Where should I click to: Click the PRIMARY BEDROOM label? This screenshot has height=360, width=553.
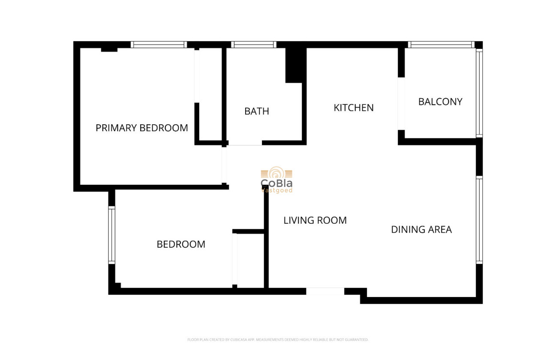[x=141, y=128]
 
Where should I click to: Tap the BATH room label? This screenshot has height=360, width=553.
[x=257, y=111]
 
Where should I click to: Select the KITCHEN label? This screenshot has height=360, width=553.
[x=354, y=108]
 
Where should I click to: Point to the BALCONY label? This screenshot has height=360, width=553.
[x=440, y=102]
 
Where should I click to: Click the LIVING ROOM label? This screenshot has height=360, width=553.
[x=315, y=220]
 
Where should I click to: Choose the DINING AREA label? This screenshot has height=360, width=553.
[x=421, y=230]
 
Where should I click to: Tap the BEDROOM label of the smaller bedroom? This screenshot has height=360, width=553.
[x=181, y=244]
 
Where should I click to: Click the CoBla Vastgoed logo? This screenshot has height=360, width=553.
[x=277, y=180]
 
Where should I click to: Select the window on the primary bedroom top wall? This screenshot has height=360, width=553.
[x=159, y=45]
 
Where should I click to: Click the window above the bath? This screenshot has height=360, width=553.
[x=254, y=45]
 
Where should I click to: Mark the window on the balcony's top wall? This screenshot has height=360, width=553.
[x=441, y=45]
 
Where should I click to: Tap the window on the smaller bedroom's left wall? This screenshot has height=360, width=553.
[x=111, y=234]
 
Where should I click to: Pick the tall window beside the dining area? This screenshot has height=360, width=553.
[x=479, y=220]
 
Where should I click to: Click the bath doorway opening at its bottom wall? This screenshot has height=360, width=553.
[x=245, y=143]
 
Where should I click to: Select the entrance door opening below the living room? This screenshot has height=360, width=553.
[x=325, y=291]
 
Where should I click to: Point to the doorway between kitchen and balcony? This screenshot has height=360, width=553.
[x=401, y=103]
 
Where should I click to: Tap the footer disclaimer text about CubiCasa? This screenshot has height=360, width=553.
[x=278, y=340]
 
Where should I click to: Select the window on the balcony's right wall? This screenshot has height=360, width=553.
[x=479, y=93]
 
